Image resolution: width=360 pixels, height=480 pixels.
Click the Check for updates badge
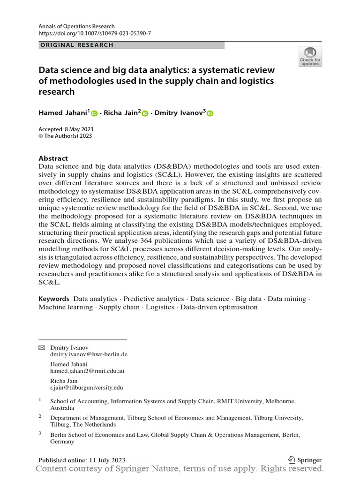(x=310, y=56)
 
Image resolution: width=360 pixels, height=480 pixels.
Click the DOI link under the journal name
(x=95, y=33)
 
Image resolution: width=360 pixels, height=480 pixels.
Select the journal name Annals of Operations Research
(x=76, y=26)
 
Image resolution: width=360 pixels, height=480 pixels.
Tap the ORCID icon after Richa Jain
(x=145, y=113)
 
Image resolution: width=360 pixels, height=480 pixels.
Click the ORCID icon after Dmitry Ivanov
(x=210, y=113)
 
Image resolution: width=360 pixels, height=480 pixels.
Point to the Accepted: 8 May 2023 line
(x=67, y=129)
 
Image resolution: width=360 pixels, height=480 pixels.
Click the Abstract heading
(x=53, y=158)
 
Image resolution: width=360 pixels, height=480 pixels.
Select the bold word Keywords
(x=54, y=299)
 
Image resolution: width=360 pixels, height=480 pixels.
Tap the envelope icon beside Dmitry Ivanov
(x=42, y=347)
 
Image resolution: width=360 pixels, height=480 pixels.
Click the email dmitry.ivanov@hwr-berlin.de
(x=89, y=355)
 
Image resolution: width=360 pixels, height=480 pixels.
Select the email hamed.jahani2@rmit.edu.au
(x=87, y=371)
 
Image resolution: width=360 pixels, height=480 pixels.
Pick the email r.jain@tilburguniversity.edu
(x=86, y=387)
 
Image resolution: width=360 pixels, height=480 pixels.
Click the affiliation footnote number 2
(x=40, y=416)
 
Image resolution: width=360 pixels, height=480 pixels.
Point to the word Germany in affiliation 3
(x=62, y=442)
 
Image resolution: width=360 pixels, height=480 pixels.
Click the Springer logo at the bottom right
(x=305, y=460)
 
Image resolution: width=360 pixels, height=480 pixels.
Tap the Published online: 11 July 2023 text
(x=82, y=460)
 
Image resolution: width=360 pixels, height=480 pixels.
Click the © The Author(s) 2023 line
(x=65, y=136)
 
